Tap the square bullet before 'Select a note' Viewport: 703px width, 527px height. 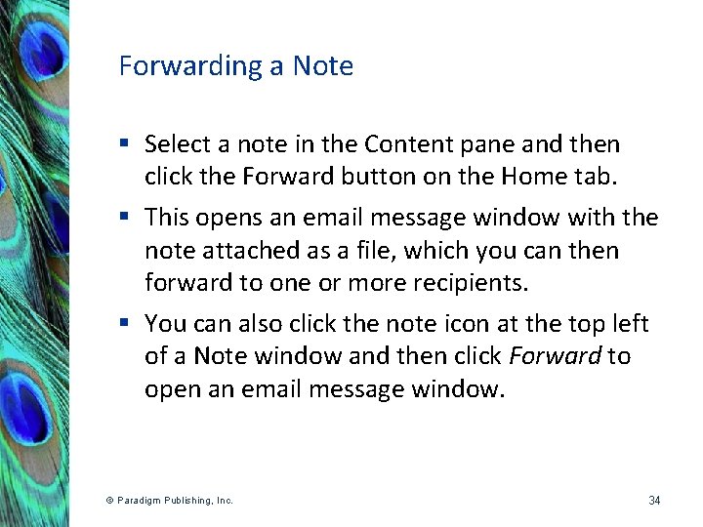tap(124, 144)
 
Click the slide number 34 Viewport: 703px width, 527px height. tap(654, 501)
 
